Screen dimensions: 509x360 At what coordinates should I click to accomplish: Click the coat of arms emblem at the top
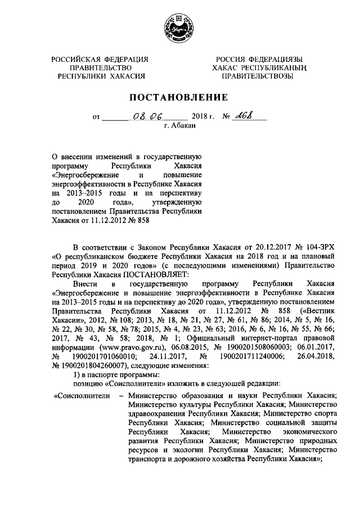[x=179, y=26]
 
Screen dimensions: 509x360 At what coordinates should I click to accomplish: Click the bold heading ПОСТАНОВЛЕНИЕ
[x=179, y=97]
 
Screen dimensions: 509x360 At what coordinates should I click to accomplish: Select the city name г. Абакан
[x=179, y=127]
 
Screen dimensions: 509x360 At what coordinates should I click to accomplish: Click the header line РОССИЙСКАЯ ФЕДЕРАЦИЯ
[x=101, y=60]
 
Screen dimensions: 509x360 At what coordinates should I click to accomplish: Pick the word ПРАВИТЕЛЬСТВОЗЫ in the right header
[x=258, y=76]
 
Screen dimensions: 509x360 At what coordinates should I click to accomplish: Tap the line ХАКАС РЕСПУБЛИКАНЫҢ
[x=258, y=68]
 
